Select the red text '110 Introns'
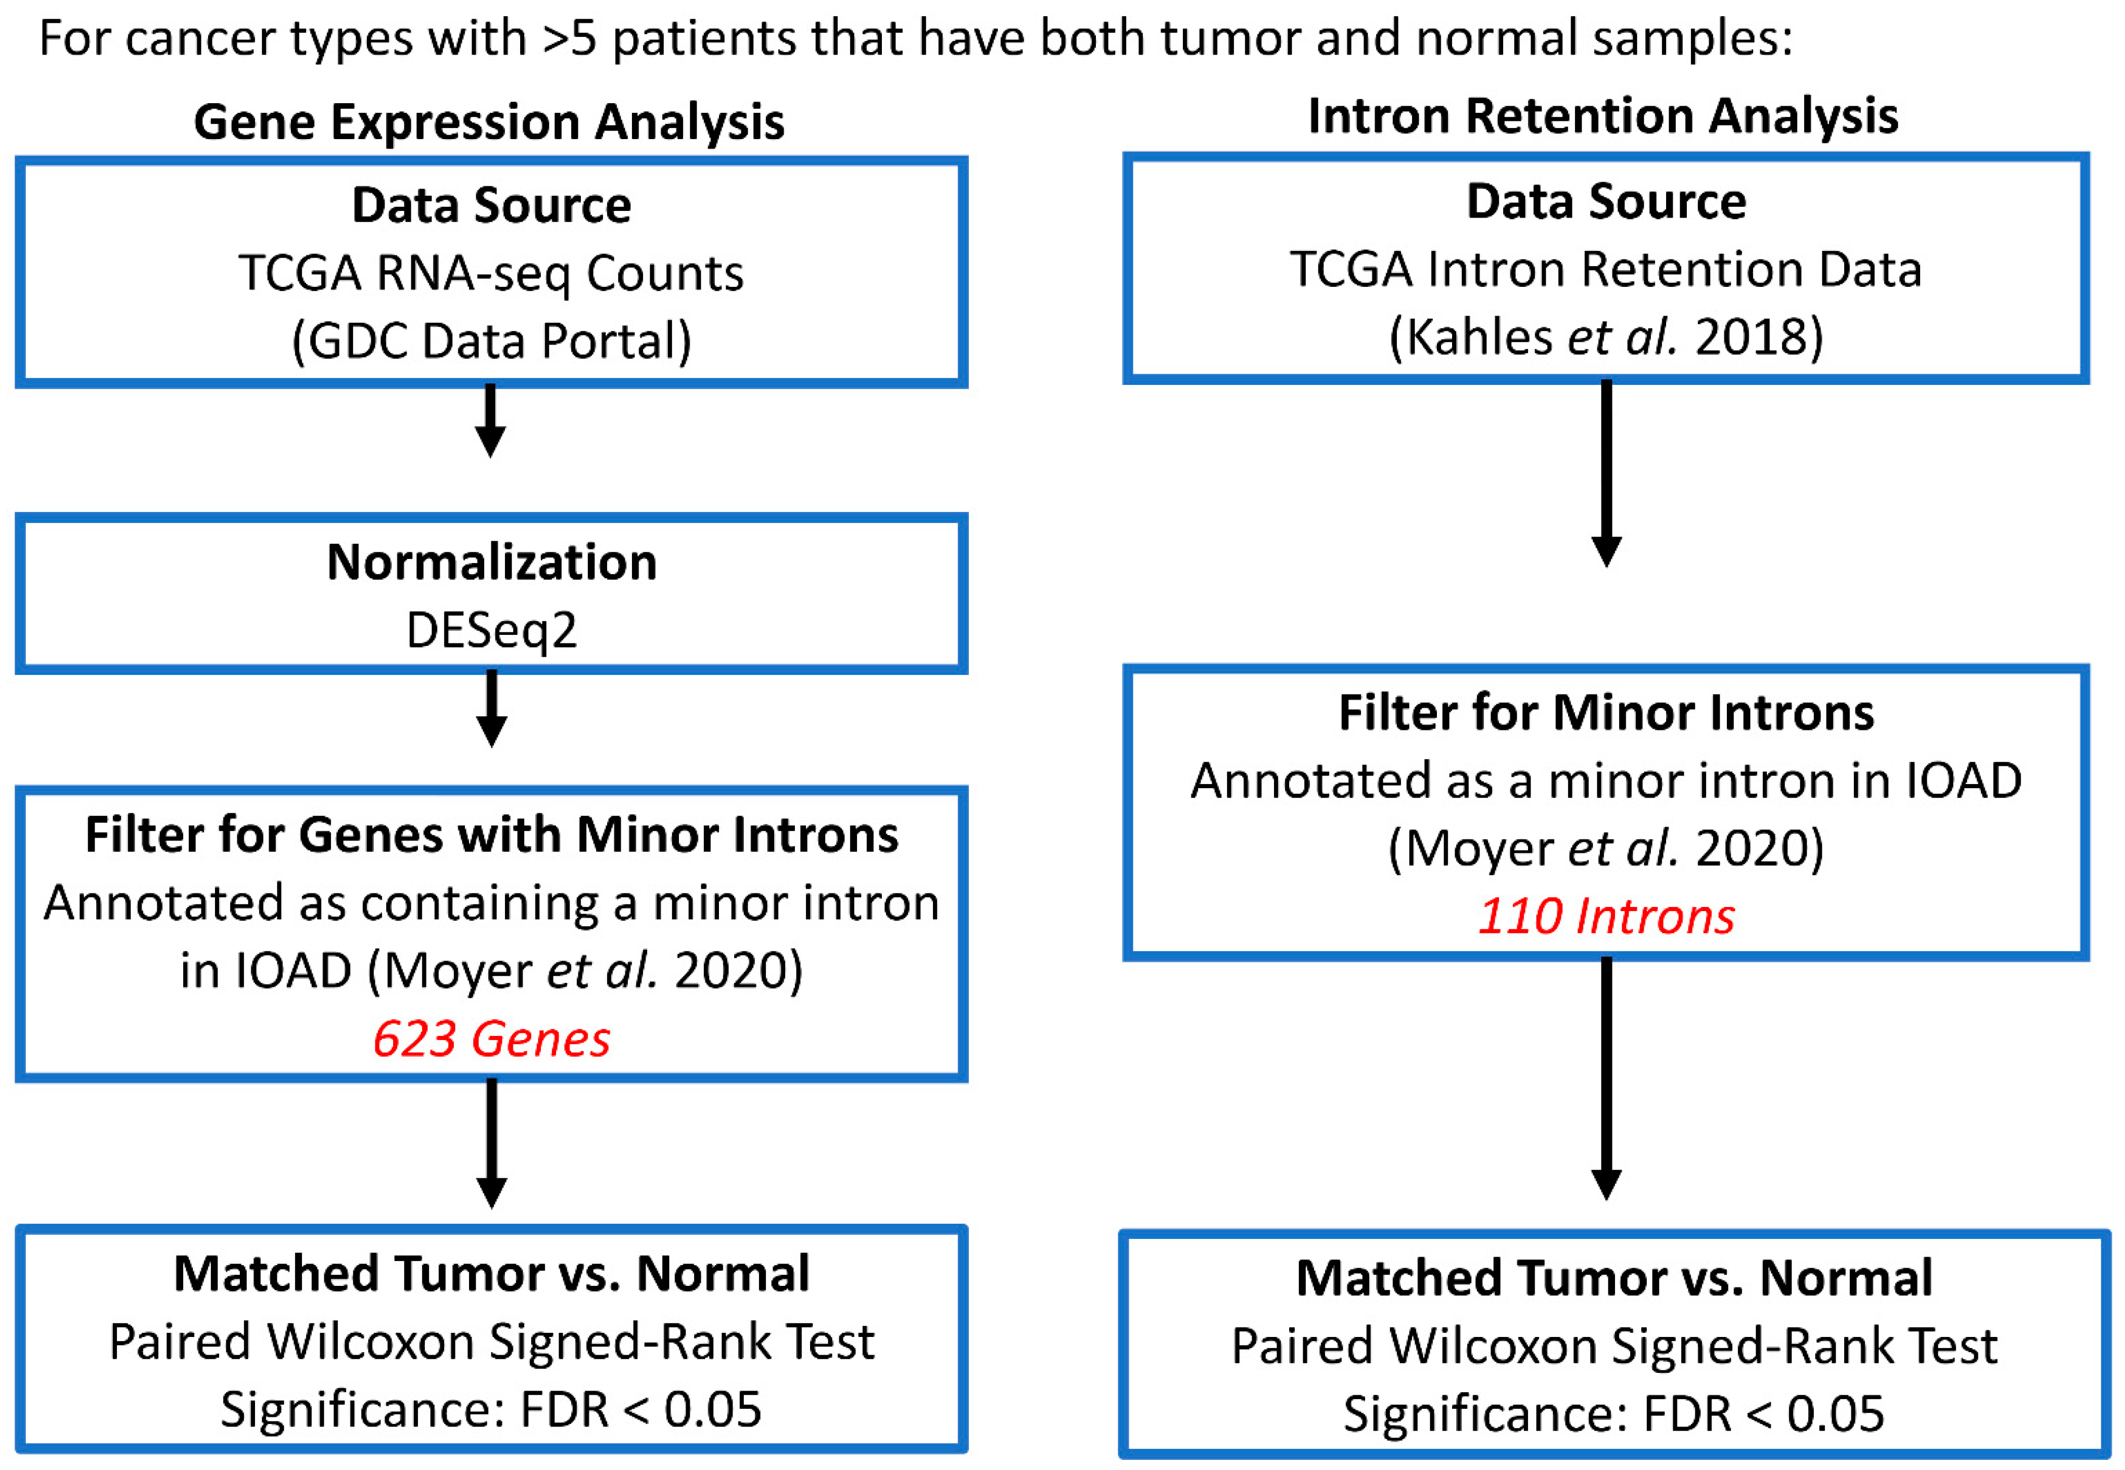tap(1606, 917)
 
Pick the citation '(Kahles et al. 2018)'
tap(1606, 337)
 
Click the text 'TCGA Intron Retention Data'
tap(1606, 270)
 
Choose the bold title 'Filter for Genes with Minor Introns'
tap(491, 835)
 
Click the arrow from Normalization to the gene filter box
tap(492, 707)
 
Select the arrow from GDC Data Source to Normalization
tap(491, 420)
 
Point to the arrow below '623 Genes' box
tap(492, 1142)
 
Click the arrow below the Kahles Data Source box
tap(1606, 471)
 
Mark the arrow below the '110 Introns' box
tap(1606, 1077)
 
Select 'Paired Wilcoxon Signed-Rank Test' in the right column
tap(1614, 1347)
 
